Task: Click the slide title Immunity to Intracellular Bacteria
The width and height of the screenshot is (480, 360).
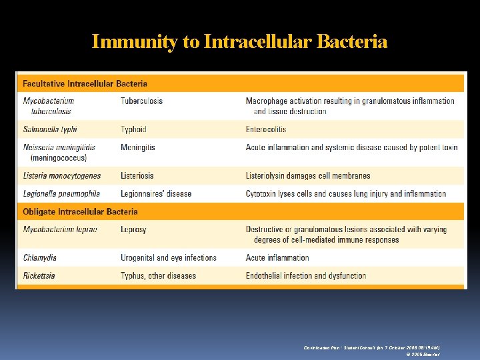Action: point(239,42)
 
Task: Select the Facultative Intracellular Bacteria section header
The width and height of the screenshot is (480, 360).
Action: point(85,84)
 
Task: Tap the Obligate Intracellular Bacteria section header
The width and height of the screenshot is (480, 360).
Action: point(80,212)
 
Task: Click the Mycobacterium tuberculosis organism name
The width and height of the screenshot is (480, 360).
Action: point(49,106)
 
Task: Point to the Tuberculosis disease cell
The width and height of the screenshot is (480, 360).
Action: point(141,101)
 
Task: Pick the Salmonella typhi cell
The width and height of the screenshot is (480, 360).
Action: point(50,129)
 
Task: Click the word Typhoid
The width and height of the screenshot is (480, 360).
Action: point(133,129)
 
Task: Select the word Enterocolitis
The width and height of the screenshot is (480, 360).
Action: point(266,129)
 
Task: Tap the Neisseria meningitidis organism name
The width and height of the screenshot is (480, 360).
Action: point(59,153)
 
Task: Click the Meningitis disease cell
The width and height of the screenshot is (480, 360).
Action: point(138,147)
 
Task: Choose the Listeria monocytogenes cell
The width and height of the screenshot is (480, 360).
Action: point(62,176)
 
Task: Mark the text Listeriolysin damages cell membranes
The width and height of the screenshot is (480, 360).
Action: point(308,176)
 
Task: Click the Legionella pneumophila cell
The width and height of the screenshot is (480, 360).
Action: point(61,194)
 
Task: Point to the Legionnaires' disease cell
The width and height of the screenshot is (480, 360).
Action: point(156,194)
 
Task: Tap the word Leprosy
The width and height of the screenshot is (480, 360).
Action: point(133,229)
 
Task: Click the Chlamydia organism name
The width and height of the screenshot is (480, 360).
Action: point(40,258)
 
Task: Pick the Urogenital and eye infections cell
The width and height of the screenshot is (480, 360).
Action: point(169,258)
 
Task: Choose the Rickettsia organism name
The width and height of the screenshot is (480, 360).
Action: point(39,276)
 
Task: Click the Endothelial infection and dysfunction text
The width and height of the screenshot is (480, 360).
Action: point(306,276)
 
